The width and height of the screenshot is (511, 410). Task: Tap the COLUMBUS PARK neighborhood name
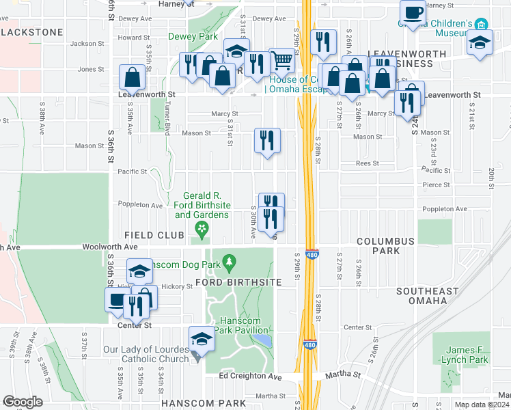(385, 246)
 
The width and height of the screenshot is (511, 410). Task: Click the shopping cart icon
(281, 60)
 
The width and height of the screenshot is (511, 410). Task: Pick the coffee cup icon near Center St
(117, 299)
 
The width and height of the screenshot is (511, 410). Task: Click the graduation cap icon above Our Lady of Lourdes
(202, 338)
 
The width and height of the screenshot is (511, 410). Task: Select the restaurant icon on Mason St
(267, 140)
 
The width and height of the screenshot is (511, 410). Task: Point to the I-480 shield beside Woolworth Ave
(311, 254)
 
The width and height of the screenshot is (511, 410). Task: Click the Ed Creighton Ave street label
(250, 376)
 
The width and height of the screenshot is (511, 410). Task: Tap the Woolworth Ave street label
(110, 246)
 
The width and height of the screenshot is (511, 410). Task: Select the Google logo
(23, 402)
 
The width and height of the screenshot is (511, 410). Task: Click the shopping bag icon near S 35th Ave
(133, 77)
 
